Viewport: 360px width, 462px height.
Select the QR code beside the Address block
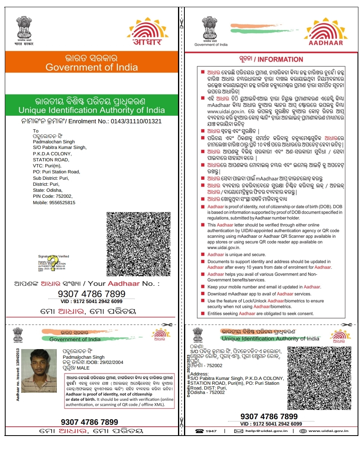point(319,378)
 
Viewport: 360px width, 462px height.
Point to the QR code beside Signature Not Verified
point(138,244)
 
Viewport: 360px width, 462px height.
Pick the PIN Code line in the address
point(52,196)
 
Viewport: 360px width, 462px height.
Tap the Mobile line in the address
point(54,203)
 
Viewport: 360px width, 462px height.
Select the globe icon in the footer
point(303,431)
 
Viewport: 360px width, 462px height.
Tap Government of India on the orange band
point(92,67)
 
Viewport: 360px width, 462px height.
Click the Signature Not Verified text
point(54,256)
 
